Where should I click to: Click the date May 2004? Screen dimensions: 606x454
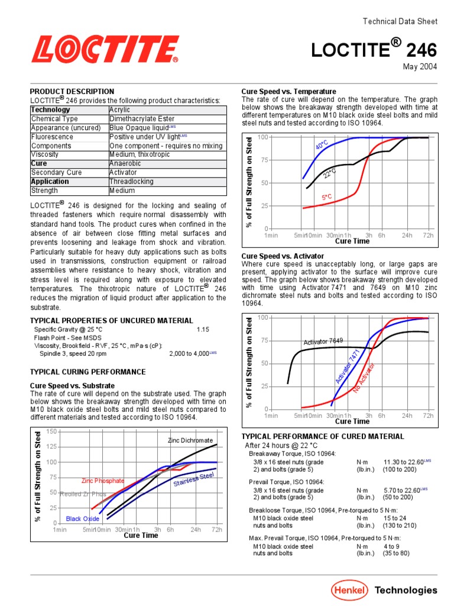[x=420, y=67]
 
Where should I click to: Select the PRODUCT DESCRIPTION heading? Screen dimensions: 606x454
[x=72, y=92]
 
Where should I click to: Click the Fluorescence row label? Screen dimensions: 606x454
[x=52, y=137]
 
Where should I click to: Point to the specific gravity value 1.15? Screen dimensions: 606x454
[x=203, y=330]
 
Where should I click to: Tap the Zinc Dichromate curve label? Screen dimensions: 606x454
[x=190, y=440]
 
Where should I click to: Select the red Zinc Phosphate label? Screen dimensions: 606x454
[x=103, y=481]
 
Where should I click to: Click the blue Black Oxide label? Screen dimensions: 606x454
[x=83, y=519]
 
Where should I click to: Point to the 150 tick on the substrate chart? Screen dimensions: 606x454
[x=51, y=431]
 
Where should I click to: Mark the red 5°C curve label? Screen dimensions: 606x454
[x=327, y=196]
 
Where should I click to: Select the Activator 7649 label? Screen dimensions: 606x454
[x=323, y=341]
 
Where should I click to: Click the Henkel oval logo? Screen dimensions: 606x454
[x=349, y=589]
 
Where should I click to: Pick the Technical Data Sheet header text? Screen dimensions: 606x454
[x=400, y=21]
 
